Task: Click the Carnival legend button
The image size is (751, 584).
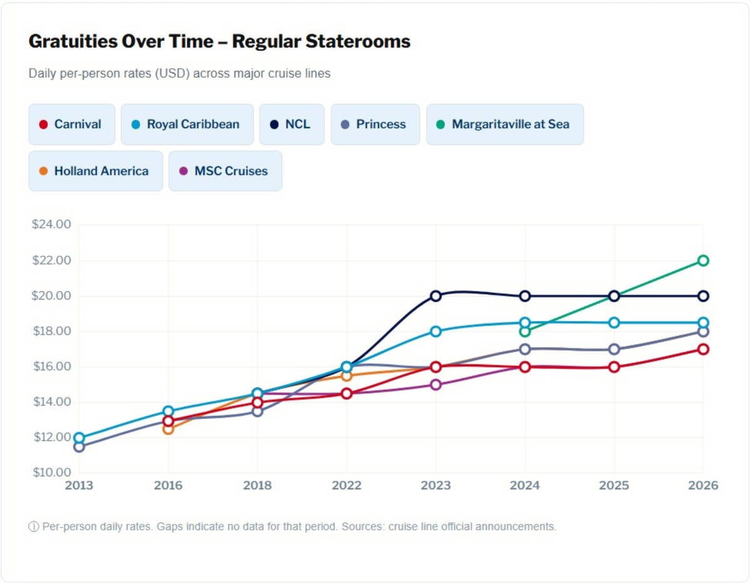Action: [x=72, y=124]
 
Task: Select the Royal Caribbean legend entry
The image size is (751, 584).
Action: [x=187, y=124]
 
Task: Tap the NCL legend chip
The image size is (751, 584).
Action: [x=292, y=124]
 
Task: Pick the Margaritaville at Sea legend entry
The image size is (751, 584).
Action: [x=504, y=124]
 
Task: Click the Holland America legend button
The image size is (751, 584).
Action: [x=95, y=171]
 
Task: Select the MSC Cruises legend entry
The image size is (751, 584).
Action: [x=225, y=171]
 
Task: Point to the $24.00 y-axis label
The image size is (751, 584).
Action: [x=51, y=224]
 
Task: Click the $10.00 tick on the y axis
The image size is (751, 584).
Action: [x=51, y=472]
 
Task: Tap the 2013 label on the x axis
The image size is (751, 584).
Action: [x=79, y=486]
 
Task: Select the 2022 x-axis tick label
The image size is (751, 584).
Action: [x=347, y=486]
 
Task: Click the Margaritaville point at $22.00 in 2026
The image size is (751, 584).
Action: [x=703, y=260]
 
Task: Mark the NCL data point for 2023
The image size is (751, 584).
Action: [x=436, y=296]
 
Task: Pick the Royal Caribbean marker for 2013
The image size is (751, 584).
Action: [x=79, y=438]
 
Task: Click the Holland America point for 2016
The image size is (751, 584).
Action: [x=168, y=429]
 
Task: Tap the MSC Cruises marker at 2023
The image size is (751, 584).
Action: [x=436, y=385]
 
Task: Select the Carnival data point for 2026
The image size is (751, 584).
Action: [x=703, y=349]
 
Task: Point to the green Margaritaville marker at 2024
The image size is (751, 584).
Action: [x=525, y=331]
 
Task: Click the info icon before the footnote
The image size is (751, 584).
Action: [x=34, y=526]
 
